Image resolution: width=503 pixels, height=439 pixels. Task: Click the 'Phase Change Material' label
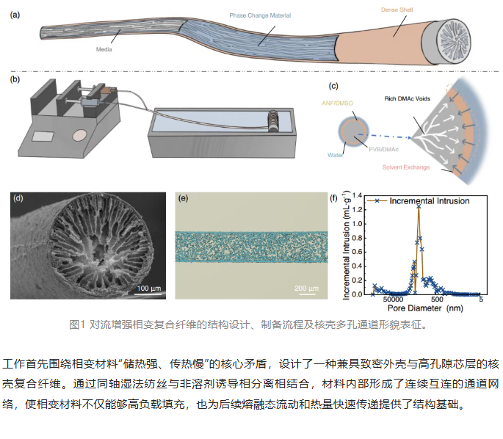(260, 15)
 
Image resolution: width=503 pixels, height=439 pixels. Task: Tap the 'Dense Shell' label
(397, 10)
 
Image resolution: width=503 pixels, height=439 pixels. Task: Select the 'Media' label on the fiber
(104, 49)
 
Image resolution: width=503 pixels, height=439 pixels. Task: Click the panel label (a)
(15, 15)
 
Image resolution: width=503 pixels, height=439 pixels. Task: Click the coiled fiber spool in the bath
(273, 121)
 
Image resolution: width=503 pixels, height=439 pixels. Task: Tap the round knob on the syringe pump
(79, 135)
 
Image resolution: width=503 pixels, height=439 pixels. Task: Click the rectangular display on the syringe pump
(43, 137)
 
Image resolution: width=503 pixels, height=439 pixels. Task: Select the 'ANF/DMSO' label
(337, 104)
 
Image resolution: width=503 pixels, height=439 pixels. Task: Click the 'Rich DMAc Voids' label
(407, 99)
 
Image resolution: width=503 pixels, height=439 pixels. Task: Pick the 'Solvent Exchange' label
(406, 167)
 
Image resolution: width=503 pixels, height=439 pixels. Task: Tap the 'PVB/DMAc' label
(383, 150)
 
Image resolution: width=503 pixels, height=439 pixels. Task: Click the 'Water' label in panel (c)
(335, 155)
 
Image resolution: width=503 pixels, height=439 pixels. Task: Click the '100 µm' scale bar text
(149, 288)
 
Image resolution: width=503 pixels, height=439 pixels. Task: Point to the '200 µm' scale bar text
(307, 288)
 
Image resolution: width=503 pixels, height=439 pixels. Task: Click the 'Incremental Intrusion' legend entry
(419, 201)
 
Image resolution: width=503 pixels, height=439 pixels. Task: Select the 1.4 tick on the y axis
(357, 195)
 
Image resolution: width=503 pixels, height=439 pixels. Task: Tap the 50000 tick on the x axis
(393, 300)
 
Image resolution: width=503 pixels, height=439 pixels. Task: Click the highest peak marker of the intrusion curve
(419, 206)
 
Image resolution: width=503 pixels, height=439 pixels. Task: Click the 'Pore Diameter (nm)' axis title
(425, 308)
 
